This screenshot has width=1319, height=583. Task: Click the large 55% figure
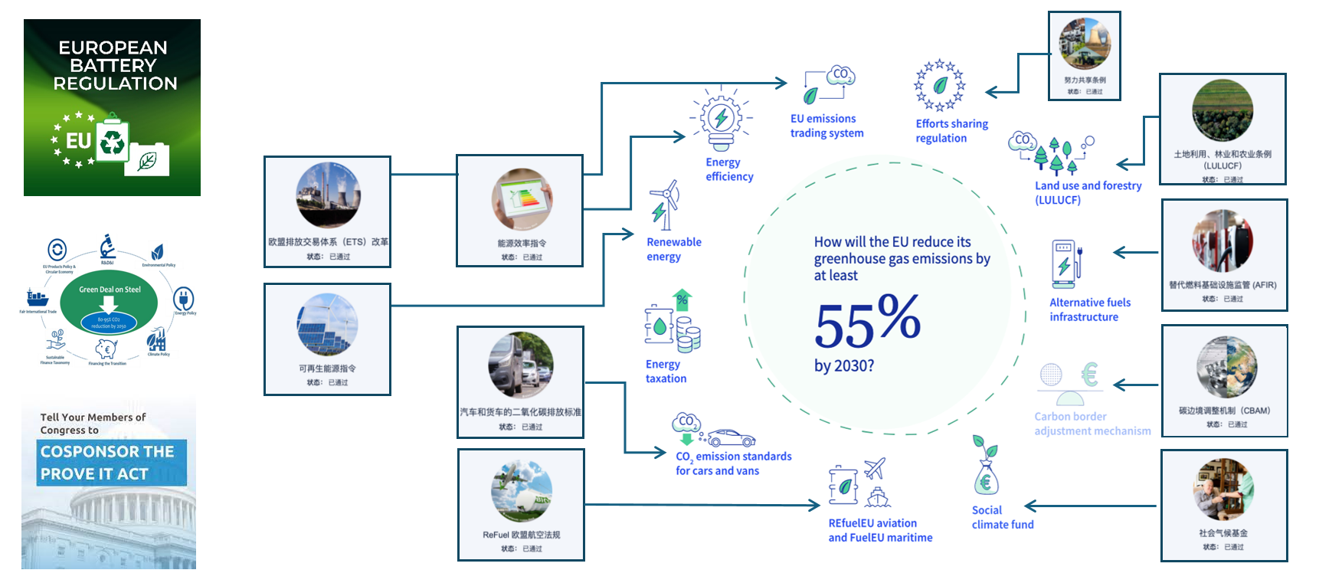(x=867, y=321)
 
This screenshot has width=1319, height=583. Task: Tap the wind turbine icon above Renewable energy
(x=665, y=205)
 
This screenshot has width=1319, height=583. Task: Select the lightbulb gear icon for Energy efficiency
(x=721, y=119)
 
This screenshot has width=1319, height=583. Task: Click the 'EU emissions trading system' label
(x=826, y=126)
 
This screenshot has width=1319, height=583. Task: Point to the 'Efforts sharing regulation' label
(x=951, y=131)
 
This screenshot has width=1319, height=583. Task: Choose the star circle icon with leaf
(x=940, y=86)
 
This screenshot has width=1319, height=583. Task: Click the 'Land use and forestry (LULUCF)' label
(x=1088, y=192)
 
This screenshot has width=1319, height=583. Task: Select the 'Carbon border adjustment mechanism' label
(x=1092, y=424)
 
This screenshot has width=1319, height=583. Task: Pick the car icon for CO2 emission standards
(x=731, y=438)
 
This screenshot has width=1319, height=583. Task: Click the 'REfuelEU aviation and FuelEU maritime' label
(x=880, y=530)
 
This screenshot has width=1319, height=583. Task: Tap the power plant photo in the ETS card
(x=328, y=195)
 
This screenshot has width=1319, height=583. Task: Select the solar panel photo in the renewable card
(x=327, y=325)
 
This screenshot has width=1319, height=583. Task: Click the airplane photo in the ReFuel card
(x=522, y=491)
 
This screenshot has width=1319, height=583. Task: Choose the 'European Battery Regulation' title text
(x=114, y=66)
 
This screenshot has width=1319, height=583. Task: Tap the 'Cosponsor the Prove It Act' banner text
(x=107, y=463)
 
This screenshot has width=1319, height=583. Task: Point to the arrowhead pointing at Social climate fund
(x=1031, y=506)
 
